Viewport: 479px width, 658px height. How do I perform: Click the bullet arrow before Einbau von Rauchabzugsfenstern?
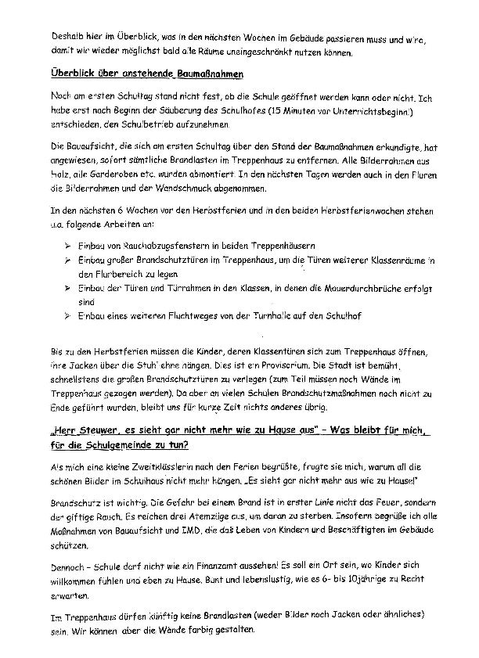65,244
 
